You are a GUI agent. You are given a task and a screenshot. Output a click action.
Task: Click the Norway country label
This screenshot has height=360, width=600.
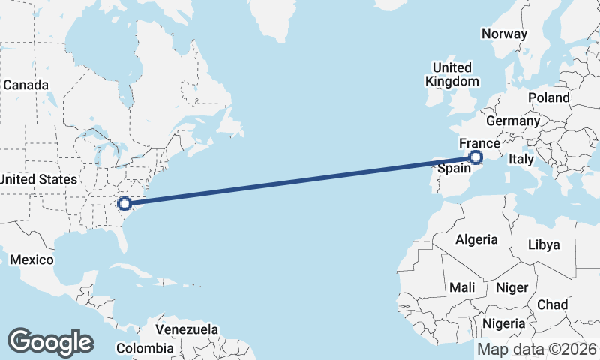(505, 34)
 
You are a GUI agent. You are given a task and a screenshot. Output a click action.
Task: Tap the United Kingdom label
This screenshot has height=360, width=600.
(451, 74)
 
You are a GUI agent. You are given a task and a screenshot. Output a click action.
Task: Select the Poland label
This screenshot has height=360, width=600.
(548, 97)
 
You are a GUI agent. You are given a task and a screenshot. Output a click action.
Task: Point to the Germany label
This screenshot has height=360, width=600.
(513, 121)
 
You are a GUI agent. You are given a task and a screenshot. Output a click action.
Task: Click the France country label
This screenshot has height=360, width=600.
(479, 143)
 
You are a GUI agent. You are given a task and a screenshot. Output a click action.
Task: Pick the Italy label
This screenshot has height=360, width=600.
(520, 160)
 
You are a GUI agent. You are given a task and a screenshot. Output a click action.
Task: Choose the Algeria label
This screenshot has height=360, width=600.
(476, 239)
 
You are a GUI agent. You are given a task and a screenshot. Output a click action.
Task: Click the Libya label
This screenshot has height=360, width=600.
(544, 244)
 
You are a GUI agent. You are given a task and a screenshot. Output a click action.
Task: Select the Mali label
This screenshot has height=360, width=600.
(462, 287)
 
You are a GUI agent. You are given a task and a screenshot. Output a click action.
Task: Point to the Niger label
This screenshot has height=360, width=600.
(513, 287)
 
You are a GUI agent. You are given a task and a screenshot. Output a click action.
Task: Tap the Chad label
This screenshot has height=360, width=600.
(552, 304)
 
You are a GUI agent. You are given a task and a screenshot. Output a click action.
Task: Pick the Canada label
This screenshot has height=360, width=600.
(25, 85)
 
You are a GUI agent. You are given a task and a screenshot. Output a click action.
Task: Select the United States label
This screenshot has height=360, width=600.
(37, 179)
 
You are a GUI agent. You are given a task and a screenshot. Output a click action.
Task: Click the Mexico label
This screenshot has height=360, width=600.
(31, 259)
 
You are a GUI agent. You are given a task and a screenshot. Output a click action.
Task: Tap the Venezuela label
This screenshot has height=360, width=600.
(187, 329)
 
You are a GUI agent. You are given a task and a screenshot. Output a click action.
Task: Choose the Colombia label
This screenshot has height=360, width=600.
(145, 348)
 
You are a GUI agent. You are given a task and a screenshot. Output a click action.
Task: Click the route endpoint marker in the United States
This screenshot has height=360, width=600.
(124, 202)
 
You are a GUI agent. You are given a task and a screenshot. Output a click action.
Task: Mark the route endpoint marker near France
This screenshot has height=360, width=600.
(475, 157)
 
